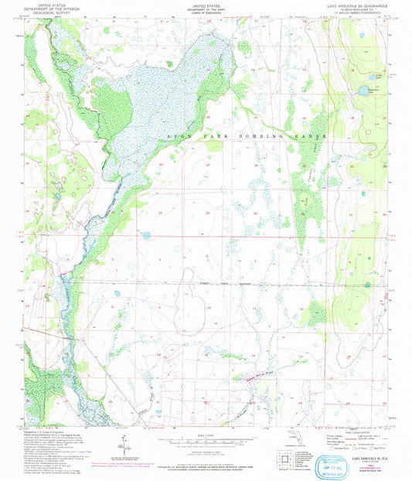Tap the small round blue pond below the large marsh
[145, 235]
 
